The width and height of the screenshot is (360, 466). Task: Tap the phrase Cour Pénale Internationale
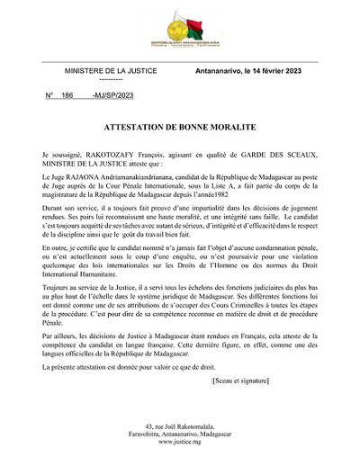(x=148, y=187)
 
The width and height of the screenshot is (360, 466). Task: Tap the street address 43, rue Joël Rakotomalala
(x=179, y=424)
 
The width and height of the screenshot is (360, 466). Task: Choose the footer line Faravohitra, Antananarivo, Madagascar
(x=179, y=433)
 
